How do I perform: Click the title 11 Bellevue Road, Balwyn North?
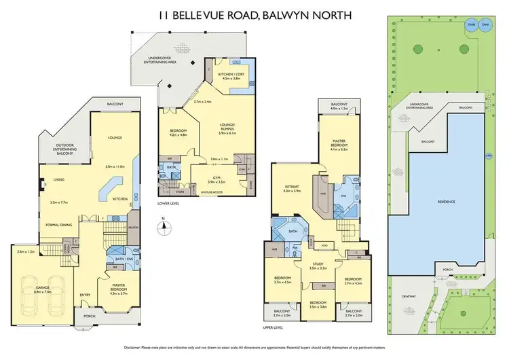pos(254,13)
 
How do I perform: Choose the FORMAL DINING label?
pos(60,225)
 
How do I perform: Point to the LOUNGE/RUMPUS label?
pos(226,127)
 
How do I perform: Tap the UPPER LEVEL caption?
pos(271,327)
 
